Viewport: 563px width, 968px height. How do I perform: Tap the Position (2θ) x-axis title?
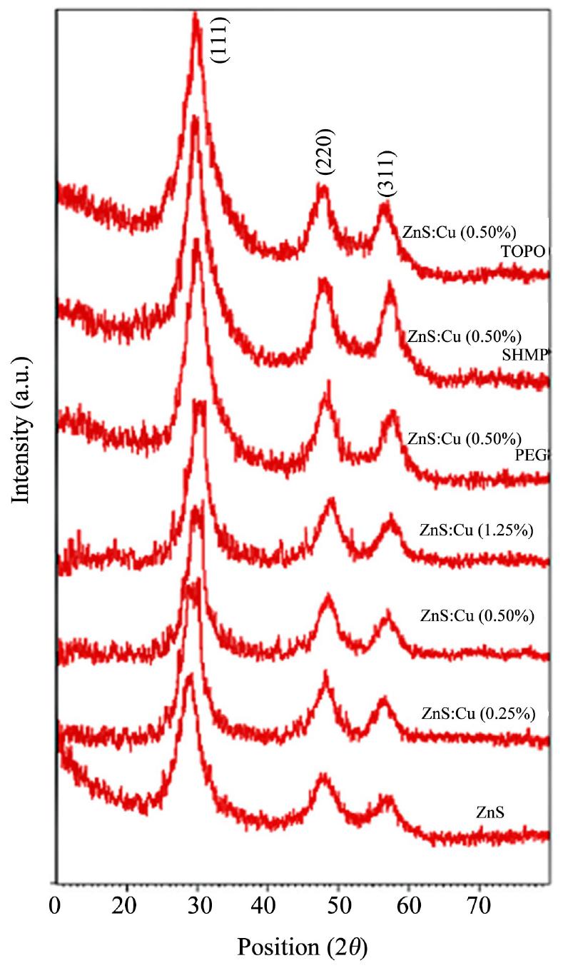pyautogui.click(x=303, y=947)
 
